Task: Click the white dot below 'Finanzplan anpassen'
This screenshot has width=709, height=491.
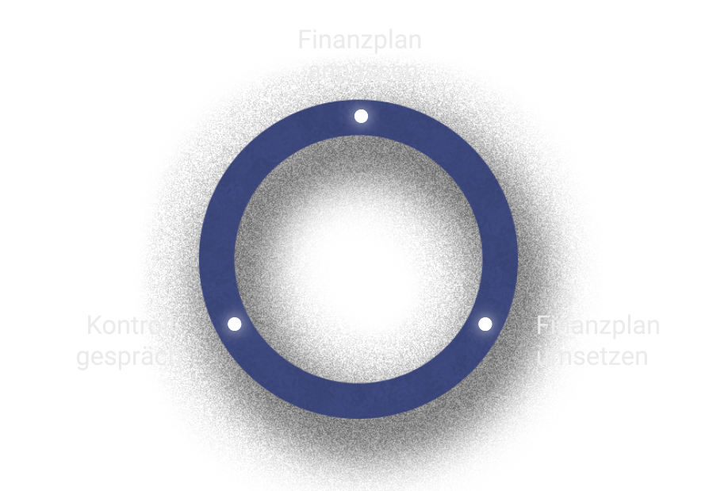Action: coord(361,116)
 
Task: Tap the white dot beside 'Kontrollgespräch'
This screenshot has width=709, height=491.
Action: coord(234,324)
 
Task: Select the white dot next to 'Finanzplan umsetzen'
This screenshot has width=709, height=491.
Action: coord(485,324)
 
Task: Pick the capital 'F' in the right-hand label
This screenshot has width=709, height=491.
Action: coord(542,325)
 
